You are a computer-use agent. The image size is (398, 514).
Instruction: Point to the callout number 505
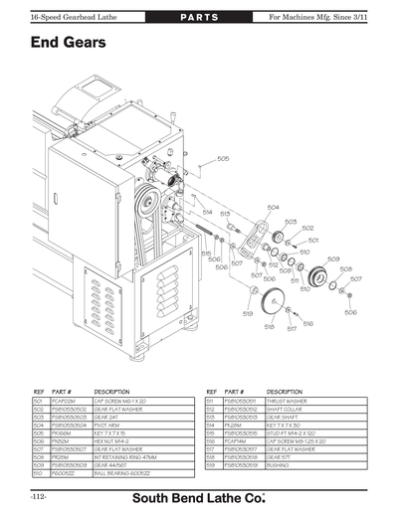point(223,158)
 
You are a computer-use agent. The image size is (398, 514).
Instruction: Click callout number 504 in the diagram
point(273,207)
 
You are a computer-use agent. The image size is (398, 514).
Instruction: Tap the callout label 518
point(269,327)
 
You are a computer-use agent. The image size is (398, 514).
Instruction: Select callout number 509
point(333,258)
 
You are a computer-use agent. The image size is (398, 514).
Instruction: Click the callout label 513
point(226,213)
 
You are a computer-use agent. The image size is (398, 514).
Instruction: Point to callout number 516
point(307,323)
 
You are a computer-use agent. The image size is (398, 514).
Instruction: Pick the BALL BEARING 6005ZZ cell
point(124,473)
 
